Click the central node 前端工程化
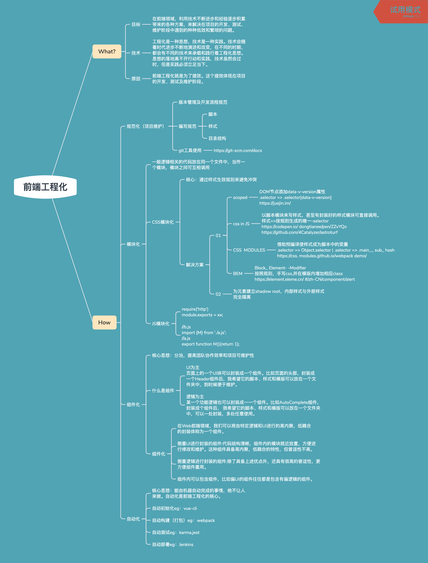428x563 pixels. pos(45,187)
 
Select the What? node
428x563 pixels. pos(107,52)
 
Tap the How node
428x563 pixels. pos(104,323)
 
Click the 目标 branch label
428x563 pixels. pos(136,24)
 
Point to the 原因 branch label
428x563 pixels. pos(136,79)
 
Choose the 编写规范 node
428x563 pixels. pos(187,126)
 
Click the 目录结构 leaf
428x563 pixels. pos(217,138)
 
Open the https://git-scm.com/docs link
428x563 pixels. pos(238,151)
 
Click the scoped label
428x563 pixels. pos(240,198)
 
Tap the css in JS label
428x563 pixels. pos(241,224)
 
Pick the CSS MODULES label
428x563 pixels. pos(249,250)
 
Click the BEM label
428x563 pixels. pos(238,274)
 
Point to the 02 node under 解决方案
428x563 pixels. pos(218,294)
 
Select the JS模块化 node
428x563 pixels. pos(161,324)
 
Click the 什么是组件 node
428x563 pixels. pos(163,390)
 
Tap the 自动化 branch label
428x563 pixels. pos(133,519)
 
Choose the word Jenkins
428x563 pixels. pos(186,544)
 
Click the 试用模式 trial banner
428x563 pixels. pos(405,10)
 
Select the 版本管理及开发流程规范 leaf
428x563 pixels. pos(203,102)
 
